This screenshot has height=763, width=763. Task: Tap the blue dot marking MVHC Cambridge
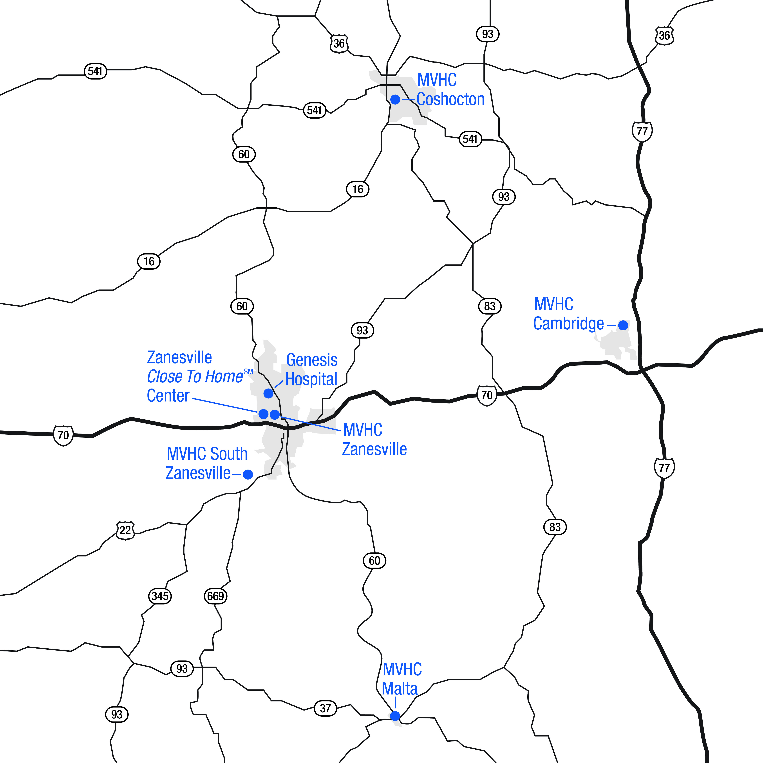(623, 325)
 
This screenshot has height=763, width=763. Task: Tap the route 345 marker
(160, 596)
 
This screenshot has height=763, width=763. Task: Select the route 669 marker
(216, 596)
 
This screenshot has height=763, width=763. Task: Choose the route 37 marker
(325, 708)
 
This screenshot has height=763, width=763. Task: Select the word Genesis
(312, 360)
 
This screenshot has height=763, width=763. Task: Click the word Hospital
(311, 380)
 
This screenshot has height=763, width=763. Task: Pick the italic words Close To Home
(195, 377)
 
